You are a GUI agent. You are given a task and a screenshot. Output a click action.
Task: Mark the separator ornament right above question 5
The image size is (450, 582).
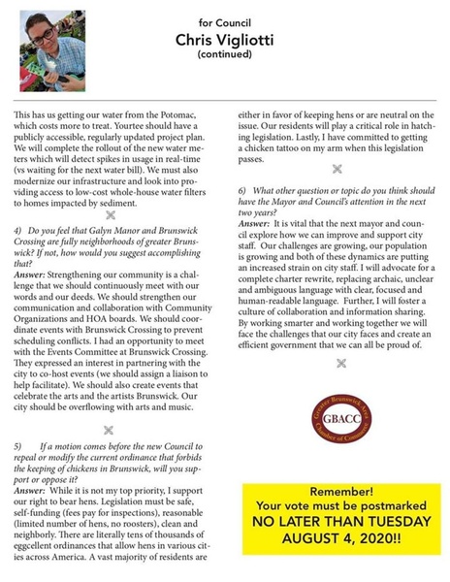click(109, 430)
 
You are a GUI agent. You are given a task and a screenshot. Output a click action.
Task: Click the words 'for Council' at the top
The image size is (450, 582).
click(225, 19)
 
